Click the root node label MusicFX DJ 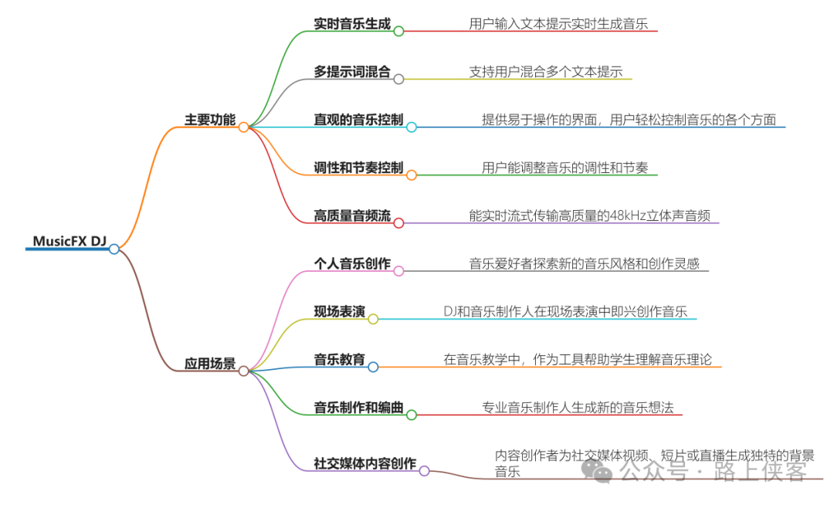click(69, 241)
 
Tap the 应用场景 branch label click(210, 364)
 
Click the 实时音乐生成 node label click(352, 23)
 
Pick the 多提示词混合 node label click(352, 71)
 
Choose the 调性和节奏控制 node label click(358, 168)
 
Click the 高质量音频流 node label click(352, 215)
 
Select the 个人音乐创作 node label click(352, 263)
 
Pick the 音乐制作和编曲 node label click(358, 408)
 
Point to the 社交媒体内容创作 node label click(364, 463)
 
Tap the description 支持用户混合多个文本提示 click(546, 72)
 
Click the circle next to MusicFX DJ click(114, 249)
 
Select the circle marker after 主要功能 click(243, 127)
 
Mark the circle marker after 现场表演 click(373, 319)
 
